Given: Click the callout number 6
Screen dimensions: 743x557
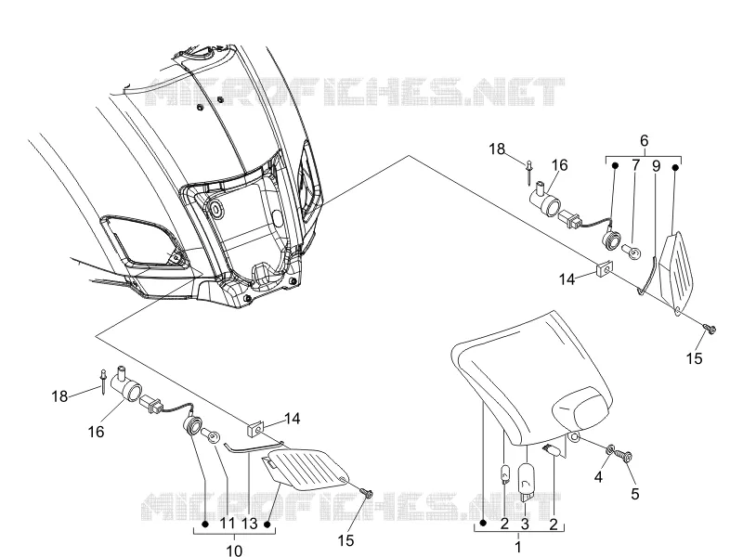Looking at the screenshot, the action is [644, 141].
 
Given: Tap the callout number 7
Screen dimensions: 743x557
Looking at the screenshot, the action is [635, 165].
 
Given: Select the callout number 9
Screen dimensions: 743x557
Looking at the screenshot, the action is [657, 166].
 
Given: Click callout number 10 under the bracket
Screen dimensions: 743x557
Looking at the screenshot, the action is [234, 550].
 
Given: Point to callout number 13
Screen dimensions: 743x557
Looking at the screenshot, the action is [249, 524].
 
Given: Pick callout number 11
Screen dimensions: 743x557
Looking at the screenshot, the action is [228, 524].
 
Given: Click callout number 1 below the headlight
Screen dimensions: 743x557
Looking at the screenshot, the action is [518, 547].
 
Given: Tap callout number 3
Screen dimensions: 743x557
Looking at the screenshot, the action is [525, 524].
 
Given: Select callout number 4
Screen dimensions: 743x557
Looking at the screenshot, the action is [598, 477].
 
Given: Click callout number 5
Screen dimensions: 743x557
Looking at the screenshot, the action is [635, 494].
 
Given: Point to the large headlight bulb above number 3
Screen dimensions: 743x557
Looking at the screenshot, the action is [527, 483].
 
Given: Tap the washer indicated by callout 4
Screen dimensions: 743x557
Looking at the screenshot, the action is [610, 448].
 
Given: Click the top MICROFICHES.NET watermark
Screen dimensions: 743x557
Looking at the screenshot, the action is [354, 91].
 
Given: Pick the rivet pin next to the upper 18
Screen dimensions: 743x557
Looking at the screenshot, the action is [528, 172].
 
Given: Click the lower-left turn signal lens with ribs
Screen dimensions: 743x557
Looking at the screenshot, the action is [306, 469].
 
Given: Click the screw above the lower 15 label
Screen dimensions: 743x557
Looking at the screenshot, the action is [367, 494].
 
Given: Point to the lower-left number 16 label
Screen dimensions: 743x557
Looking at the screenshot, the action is [97, 432].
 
